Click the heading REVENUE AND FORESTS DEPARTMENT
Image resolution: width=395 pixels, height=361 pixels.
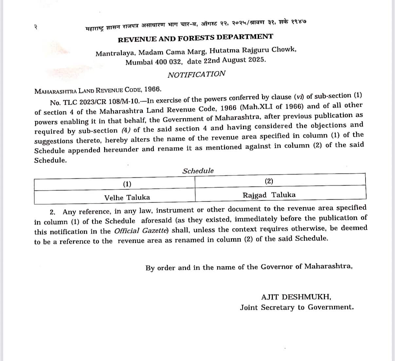click(x=195, y=38)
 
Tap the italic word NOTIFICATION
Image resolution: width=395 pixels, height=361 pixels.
click(x=197, y=74)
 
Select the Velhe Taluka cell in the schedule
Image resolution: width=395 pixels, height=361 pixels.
click(x=127, y=197)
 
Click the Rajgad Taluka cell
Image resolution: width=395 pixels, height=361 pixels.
click(x=269, y=195)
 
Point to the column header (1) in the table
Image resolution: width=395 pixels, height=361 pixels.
click(x=127, y=184)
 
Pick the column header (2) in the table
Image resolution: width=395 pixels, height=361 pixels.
click(x=269, y=181)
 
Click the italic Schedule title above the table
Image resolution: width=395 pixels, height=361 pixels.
click(x=198, y=171)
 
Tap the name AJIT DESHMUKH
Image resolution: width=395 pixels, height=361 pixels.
click(x=296, y=297)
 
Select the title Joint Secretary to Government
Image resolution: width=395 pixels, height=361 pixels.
click(x=297, y=307)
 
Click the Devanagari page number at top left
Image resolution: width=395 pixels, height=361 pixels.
click(x=35, y=28)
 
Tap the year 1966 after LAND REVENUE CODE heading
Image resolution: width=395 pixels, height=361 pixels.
click(x=152, y=89)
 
